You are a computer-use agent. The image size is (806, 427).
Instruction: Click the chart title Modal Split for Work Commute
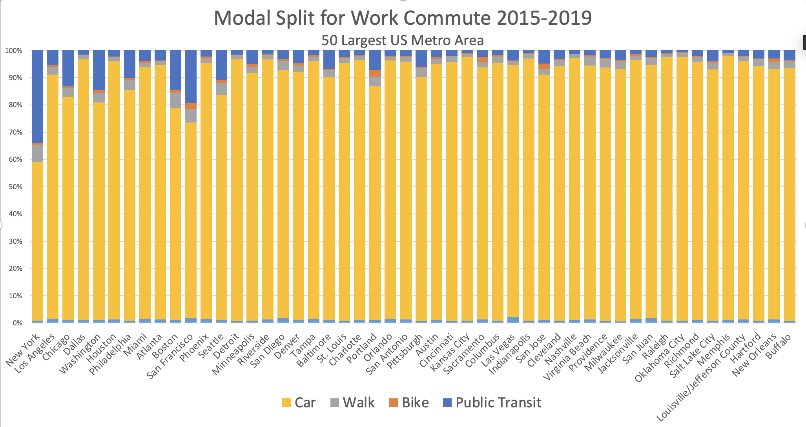[403, 18]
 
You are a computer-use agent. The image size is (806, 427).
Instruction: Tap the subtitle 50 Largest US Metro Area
[403, 40]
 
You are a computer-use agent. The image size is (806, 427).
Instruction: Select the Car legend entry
[299, 403]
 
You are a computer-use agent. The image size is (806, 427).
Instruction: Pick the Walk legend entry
[352, 403]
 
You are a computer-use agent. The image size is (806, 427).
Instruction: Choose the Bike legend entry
[408, 403]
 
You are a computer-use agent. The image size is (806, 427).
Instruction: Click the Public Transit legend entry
[492, 403]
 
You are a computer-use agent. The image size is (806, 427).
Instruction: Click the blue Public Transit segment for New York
[37, 96]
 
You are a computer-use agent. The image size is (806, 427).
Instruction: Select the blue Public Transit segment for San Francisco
[191, 77]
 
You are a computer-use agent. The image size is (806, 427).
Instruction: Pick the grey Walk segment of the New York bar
[37, 153]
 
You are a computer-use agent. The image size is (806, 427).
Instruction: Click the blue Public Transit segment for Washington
[99, 70]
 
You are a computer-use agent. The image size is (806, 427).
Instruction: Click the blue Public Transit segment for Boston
[176, 70]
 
